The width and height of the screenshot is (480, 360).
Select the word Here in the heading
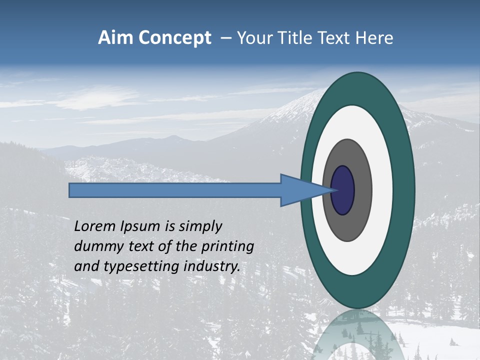click(x=374, y=38)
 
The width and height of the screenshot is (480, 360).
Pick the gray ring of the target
click(x=362, y=190)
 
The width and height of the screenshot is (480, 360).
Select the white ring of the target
click(x=382, y=190)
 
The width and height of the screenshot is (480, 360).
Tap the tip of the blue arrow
click(x=330, y=190)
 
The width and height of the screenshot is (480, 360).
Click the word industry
click(x=212, y=267)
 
